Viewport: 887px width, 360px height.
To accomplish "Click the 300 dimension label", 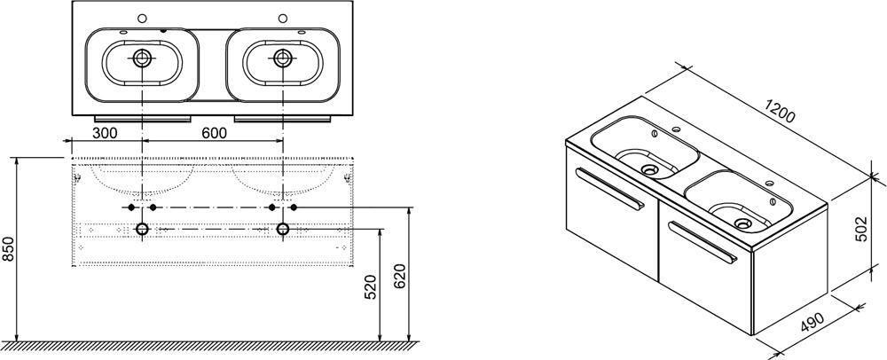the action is [105, 133].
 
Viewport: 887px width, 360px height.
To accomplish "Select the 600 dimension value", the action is [214, 133].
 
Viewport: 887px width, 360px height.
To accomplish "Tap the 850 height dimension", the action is [9, 249].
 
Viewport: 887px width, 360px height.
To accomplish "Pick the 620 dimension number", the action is [399, 277].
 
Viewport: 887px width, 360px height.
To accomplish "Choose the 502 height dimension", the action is [861, 228].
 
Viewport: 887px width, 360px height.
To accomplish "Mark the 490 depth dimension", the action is [812, 324].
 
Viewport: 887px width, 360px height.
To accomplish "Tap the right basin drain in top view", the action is [282, 57].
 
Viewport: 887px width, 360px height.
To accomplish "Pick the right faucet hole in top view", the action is [282, 18].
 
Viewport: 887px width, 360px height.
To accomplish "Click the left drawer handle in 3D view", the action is [610, 189].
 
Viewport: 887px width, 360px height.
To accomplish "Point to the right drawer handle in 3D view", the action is [703, 242].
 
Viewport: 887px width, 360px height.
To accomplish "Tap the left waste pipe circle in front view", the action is [141, 229].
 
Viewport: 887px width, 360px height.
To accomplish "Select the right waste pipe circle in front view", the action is [283, 229].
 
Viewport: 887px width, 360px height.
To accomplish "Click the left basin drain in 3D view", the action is [649, 168].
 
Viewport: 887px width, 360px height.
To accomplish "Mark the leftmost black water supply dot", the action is [131, 207].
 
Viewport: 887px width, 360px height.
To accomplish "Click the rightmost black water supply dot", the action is [294, 207].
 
